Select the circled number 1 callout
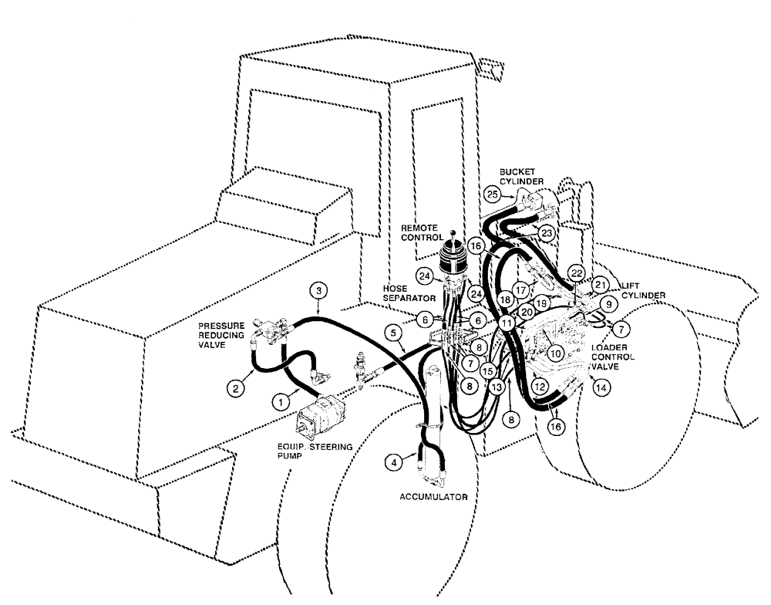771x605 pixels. click(281, 400)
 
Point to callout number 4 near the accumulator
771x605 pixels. click(394, 462)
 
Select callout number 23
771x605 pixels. click(547, 232)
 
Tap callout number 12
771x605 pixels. click(540, 384)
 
